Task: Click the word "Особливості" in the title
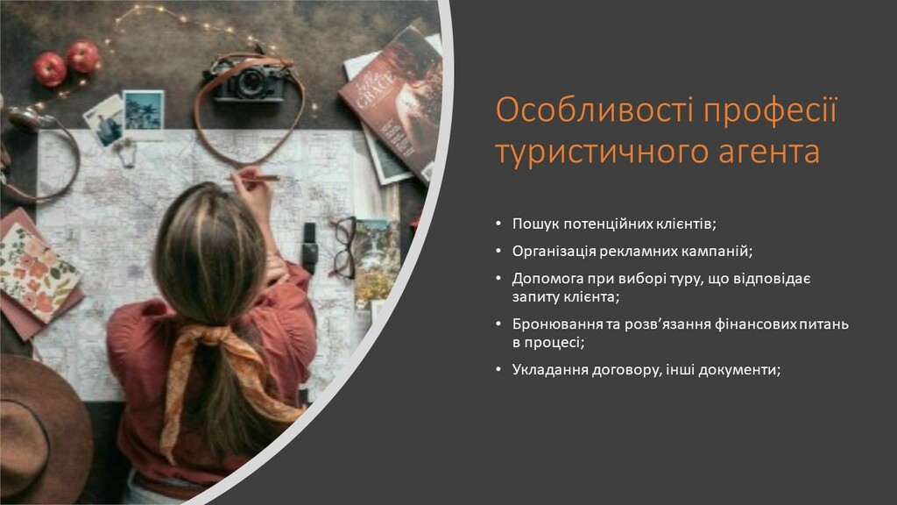pos(594,110)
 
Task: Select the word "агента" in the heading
pos(769,153)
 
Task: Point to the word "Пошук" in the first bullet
pos(535,224)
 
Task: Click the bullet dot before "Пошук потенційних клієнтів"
pos(498,224)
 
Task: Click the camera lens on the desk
pos(250,82)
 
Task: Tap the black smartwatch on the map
pos(309,247)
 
